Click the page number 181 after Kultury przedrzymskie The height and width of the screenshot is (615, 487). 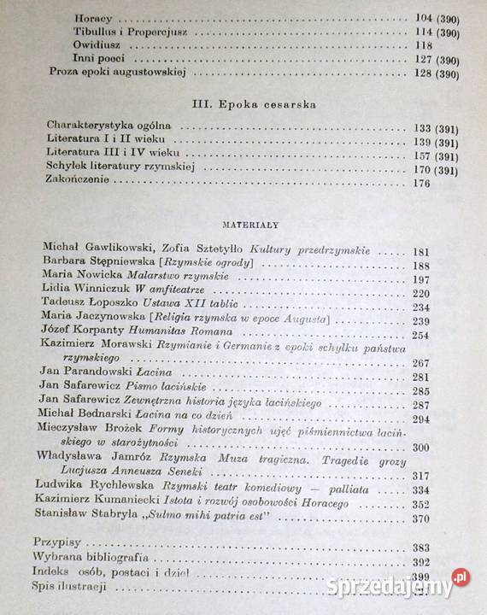[421, 251]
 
